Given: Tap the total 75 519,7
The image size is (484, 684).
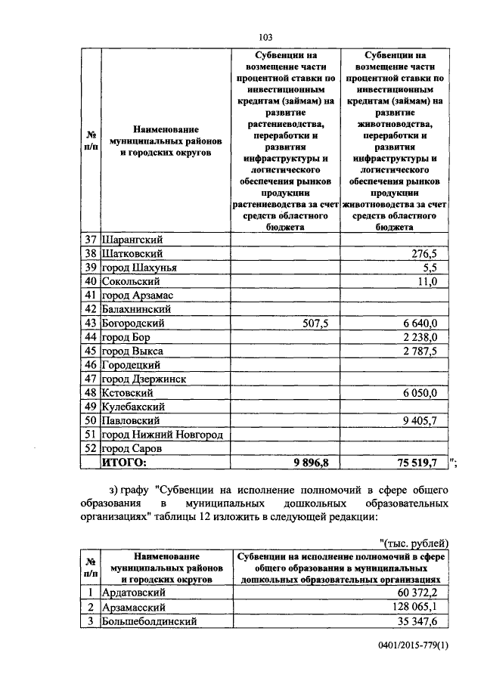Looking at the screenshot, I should click(x=417, y=463).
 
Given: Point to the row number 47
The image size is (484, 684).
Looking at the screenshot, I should click(x=92, y=379).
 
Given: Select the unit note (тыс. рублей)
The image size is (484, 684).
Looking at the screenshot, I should click(x=414, y=543).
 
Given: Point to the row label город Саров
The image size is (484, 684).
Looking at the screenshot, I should click(x=132, y=448).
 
